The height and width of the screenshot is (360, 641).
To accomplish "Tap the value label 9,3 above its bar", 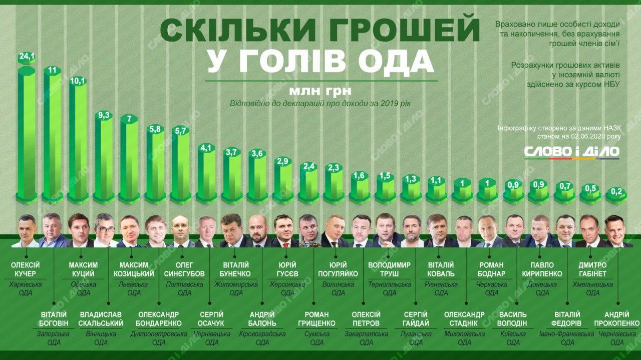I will tap(104, 115).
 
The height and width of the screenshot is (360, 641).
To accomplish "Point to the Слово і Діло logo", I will tap(571, 151).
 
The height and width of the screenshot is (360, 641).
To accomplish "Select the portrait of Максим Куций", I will tap(79, 230).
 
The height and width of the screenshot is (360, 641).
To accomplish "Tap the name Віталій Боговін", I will tap(54, 318).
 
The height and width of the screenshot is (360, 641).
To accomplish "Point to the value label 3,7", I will tap(232, 152).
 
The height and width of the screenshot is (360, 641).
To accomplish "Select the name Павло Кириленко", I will tap(542, 269).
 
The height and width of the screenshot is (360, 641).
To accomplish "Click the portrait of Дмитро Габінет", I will tap(589, 231).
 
